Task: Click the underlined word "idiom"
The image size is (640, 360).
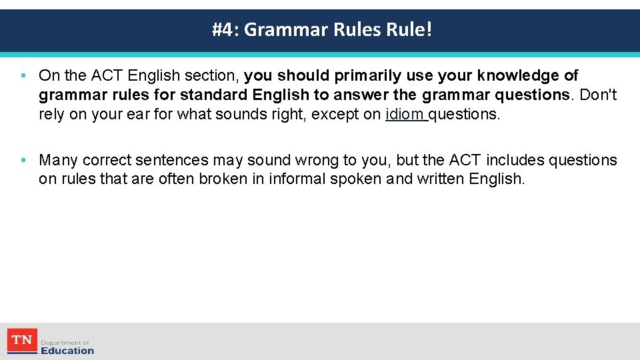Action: coord(405,114)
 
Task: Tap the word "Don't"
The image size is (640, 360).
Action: coord(599,95)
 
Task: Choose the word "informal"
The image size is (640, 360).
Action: coord(294,179)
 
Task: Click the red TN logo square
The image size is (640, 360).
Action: coord(22,341)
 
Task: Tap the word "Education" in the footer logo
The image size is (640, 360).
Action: coord(67,350)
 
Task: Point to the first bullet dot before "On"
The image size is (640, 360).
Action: coord(23,75)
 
